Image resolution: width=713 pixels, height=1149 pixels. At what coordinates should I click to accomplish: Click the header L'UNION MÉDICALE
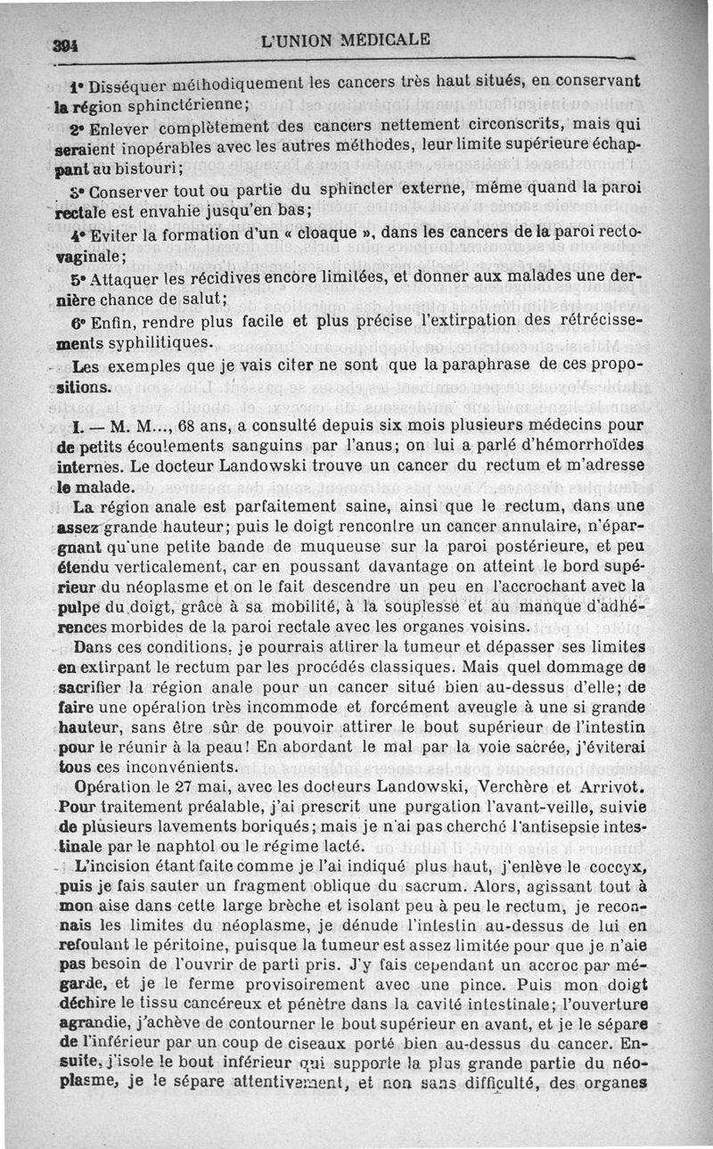pos(346,40)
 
